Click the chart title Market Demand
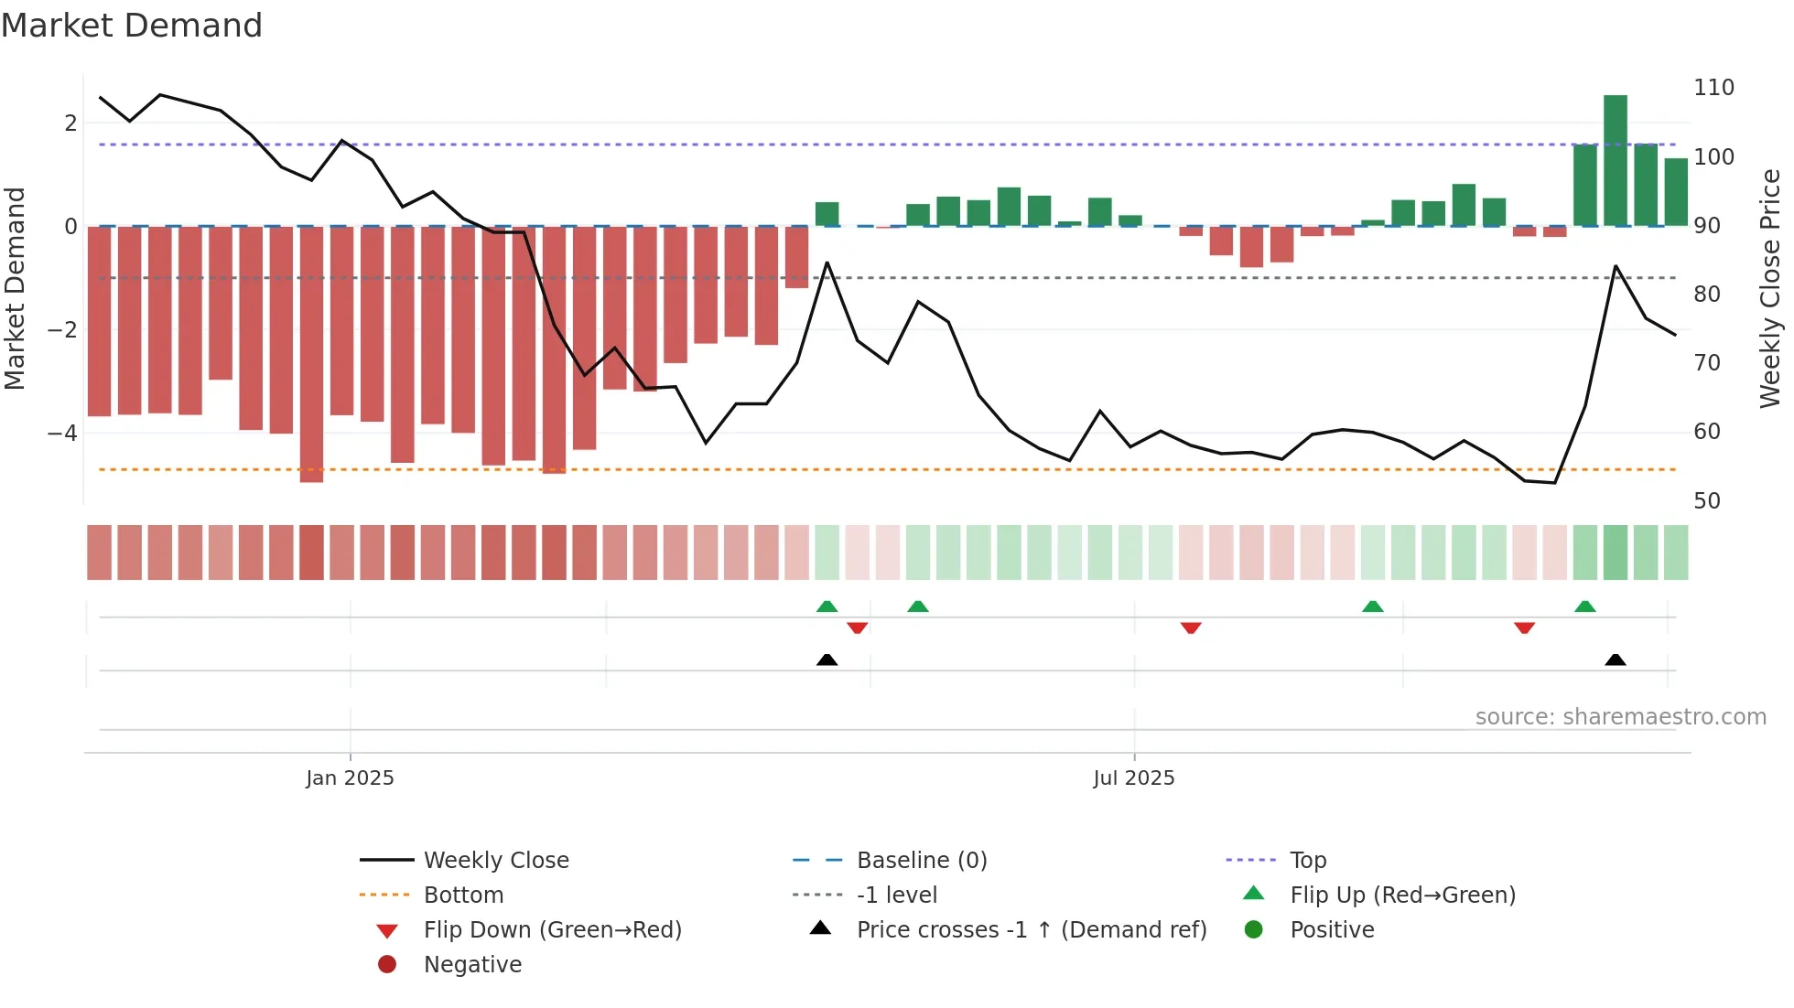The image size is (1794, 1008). coord(132,26)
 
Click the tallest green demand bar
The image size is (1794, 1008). coord(1615,160)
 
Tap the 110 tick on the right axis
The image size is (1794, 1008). coord(1713,88)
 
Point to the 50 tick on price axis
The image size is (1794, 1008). coord(1706,501)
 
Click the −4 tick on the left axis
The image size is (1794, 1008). coord(62,433)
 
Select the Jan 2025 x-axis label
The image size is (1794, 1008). coord(350,778)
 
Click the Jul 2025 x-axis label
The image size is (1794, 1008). coord(1133,778)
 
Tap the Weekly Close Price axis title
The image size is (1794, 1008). coord(1770,288)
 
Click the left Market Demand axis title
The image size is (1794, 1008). coord(15,288)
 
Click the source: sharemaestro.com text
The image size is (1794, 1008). coord(1620,717)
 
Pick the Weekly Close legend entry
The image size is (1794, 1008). coord(495,861)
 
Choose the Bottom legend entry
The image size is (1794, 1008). coord(463,895)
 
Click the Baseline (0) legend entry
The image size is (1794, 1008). coord(921,861)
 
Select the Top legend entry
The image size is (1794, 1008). coord(1307,861)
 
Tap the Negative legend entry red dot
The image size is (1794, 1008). coord(387,965)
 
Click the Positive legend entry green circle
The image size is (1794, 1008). coord(1254,930)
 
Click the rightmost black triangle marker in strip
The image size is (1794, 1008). coord(1616,660)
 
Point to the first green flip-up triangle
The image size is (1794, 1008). coord(827,606)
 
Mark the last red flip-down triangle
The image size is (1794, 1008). coord(1524,627)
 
